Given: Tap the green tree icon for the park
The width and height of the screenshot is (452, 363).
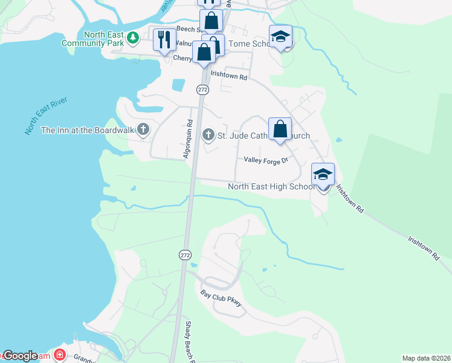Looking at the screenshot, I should [132, 39].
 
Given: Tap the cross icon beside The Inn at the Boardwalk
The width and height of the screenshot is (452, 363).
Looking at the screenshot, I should [143, 129].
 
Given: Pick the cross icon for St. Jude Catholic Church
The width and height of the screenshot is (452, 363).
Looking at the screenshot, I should [208, 135].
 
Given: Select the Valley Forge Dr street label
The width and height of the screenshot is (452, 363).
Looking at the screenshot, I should [267, 160].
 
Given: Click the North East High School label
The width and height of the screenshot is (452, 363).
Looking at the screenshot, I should [271, 186].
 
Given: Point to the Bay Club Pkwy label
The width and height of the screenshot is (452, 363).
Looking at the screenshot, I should [221, 298].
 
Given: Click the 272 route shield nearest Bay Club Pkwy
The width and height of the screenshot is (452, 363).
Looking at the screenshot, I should [184, 255].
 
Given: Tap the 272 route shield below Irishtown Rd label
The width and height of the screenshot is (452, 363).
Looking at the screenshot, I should [202, 89].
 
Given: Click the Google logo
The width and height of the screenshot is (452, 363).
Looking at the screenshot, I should [21, 356].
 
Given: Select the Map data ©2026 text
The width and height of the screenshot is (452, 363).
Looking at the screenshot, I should [425, 358].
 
